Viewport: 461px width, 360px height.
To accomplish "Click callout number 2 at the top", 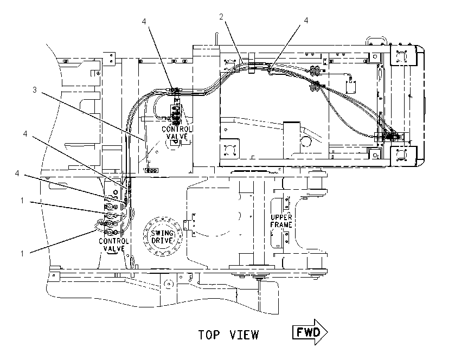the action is (221, 17).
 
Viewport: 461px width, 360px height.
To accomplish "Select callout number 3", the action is (34, 89).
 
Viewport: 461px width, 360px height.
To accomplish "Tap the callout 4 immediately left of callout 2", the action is (144, 22).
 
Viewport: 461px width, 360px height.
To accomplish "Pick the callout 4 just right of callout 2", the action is (306, 20).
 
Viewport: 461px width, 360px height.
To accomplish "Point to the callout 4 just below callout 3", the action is (25, 134).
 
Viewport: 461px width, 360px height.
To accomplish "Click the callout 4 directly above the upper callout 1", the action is (17, 173).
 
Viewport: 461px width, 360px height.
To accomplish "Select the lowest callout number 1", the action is (22, 253).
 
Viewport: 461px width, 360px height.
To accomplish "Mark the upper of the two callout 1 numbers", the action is (22, 201).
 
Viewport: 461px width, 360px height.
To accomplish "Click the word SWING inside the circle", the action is (162, 233).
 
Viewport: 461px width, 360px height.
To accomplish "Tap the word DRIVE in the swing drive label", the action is (162, 240).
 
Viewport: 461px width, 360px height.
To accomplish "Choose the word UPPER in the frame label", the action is (281, 217).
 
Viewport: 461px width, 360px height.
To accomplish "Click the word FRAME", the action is (281, 225).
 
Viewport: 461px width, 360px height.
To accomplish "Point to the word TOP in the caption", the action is (209, 335).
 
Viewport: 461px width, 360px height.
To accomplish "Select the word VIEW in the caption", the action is (244, 335).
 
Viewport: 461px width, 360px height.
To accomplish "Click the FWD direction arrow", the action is (310, 332).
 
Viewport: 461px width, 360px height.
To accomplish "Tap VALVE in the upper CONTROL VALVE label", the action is (177, 136).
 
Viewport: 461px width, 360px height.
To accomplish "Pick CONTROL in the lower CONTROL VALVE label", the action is (114, 241).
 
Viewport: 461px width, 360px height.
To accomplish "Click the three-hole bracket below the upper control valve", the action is (151, 170).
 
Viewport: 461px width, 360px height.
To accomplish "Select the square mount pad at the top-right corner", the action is (403, 55).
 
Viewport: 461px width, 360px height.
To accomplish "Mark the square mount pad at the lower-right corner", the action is (403, 156).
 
